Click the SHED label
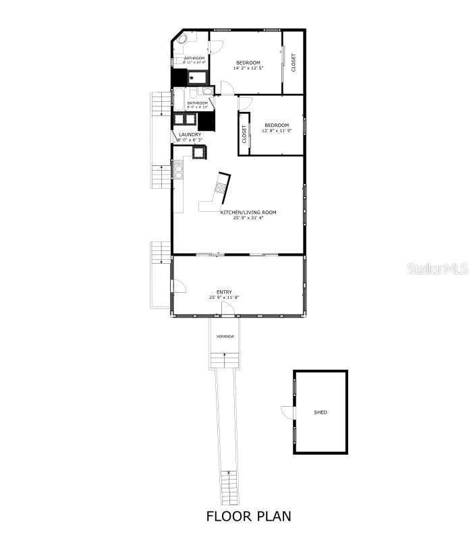(321, 412)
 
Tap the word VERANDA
(225, 336)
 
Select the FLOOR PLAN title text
(248, 517)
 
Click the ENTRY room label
(224, 292)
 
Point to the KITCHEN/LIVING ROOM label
(248, 213)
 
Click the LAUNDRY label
(190, 135)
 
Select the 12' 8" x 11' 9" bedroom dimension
(277, 131)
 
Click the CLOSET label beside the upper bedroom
(294, 62)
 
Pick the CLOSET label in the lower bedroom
(244, 134)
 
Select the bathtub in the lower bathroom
(179, 98)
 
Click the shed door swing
(287, 412)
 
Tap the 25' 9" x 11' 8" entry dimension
(224, 298)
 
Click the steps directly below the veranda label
(225, 360)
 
